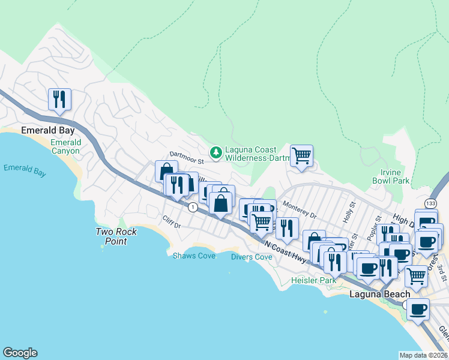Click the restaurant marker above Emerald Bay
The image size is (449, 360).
tap(59, 99)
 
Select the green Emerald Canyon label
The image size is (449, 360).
tap(65, 146)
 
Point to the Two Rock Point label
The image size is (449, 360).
tap(116, 236)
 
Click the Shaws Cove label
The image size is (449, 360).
tap(190, 256)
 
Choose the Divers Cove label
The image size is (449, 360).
tap(252, 257)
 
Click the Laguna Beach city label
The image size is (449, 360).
tap(380, 294)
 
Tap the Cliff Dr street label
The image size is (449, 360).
tap(172, 222)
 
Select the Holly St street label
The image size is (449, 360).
tap(347, 215)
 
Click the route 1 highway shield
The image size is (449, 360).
tap(192, 207)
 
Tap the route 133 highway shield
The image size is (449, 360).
tap(431, 203)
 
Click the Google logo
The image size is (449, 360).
tap(20, 353)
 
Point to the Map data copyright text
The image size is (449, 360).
tap(424, 355)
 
